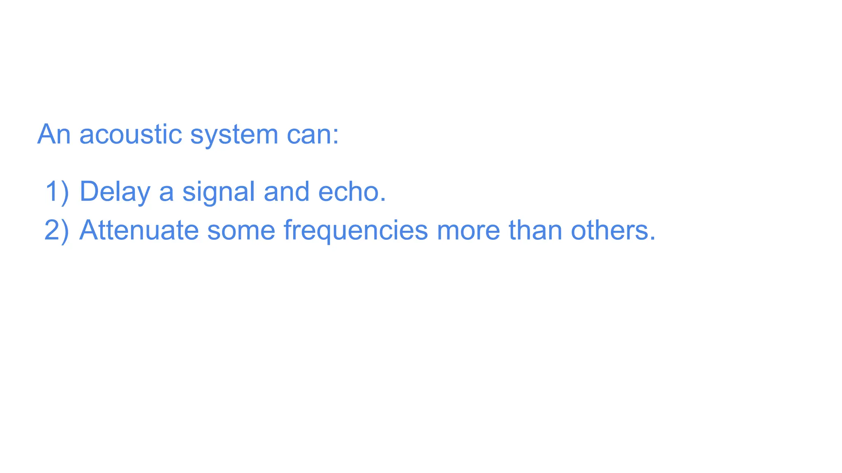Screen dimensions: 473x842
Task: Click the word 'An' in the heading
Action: coord(54,134)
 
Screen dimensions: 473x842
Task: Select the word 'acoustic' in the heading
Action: coord(130,134)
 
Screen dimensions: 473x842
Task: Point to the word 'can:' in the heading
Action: coord(312,134)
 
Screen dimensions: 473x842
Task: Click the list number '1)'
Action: coord(57,192)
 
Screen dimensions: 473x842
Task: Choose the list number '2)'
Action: coord(57,230)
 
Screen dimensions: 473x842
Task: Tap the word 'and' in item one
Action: coord(287,192)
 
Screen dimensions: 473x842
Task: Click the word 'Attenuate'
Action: coord(139,230)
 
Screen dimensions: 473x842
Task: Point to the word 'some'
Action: coord(241,231)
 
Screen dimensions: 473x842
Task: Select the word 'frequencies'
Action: coord(356,231)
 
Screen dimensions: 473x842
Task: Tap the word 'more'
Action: coord(468,231)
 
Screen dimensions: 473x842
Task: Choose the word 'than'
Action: coord(535,230)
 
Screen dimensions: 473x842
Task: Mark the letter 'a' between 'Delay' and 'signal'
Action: coord(166,193)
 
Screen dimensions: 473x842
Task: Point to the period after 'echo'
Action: coord(383,200)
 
